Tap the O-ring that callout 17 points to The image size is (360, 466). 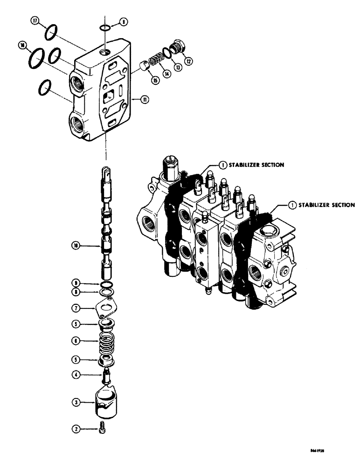pos(51,33)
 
